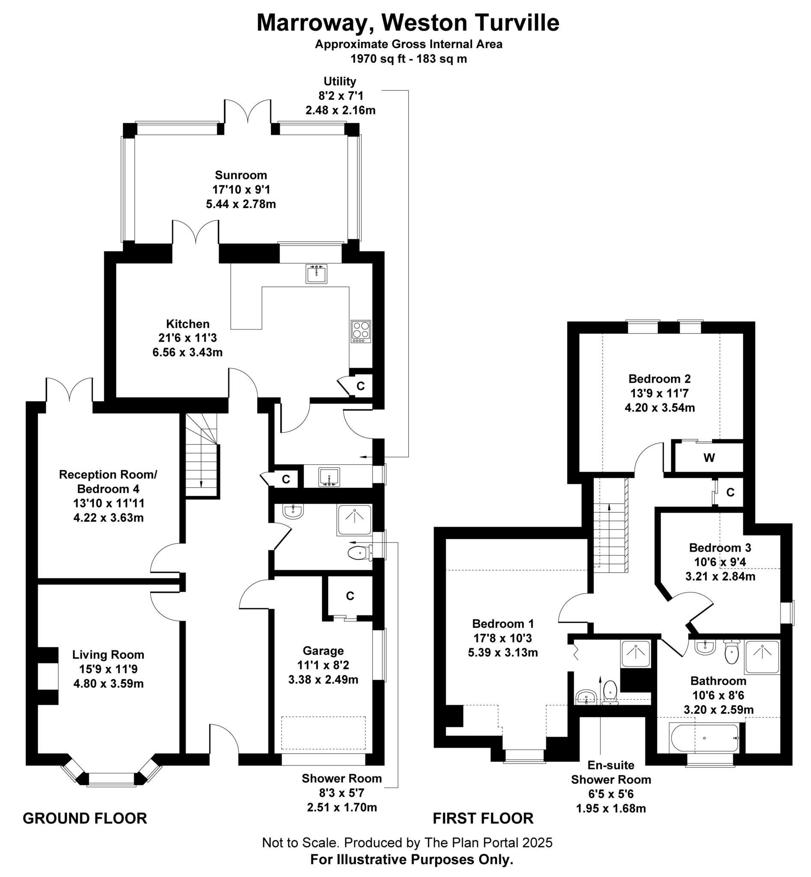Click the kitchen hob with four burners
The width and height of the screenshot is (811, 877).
click(360, 331)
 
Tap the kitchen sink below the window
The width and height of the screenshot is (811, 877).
click(316, 273)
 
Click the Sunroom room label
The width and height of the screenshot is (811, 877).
click(241, 175)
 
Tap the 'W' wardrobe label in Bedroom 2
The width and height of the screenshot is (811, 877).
click(709, 458)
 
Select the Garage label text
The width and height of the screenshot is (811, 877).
click(323, 651)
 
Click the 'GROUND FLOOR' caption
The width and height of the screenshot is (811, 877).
click(85, 819)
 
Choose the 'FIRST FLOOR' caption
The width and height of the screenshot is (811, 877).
click(483, 819)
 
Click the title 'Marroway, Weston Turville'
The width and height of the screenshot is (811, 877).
click(408, 23)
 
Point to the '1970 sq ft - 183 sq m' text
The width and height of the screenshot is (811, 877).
click(408, 59)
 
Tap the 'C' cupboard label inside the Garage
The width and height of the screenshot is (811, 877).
click(350, 596)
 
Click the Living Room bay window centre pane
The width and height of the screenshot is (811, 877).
click(111, 779)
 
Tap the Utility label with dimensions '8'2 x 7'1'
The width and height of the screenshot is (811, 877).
click(340, 95)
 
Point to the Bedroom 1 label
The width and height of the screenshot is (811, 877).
click(502, 623)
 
